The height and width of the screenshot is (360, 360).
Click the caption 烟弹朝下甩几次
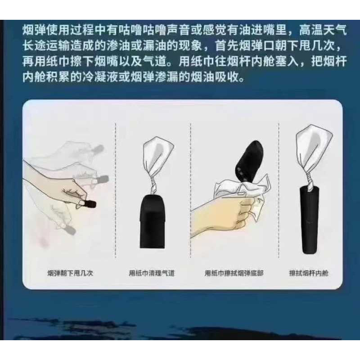70,273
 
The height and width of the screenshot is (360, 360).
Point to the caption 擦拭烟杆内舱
309,273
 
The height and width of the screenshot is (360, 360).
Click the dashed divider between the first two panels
116,193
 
